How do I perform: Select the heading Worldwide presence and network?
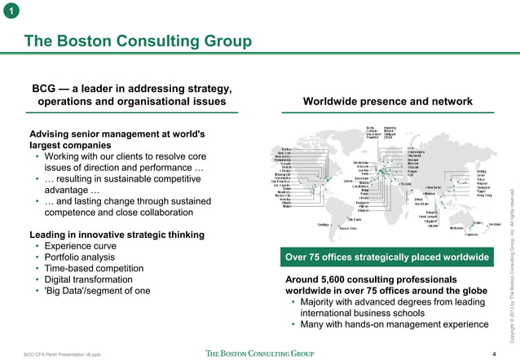click(x=387, y=102)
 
